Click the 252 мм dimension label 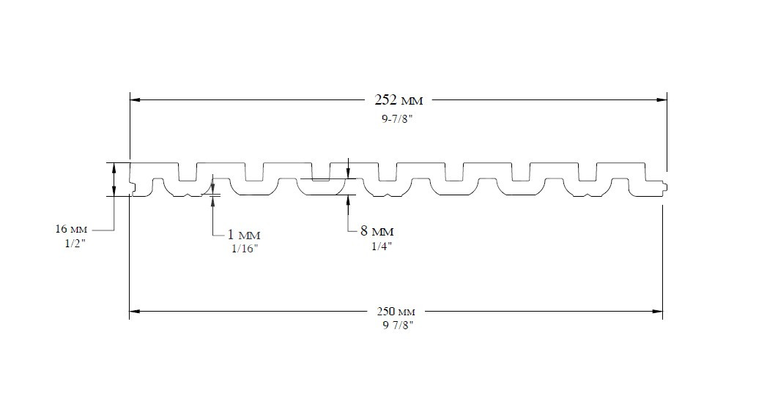(x=399, y=100)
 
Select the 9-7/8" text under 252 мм (x=397, y=119)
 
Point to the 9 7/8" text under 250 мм (x=399, y=326)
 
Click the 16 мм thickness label (x=70, y=229)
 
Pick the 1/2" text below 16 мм (x=75, y=244)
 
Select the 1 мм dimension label (x=244, y=234)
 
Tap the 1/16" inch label (x=245, y=249)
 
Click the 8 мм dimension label (x=377, y=231)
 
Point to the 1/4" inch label (x=382, y=246)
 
